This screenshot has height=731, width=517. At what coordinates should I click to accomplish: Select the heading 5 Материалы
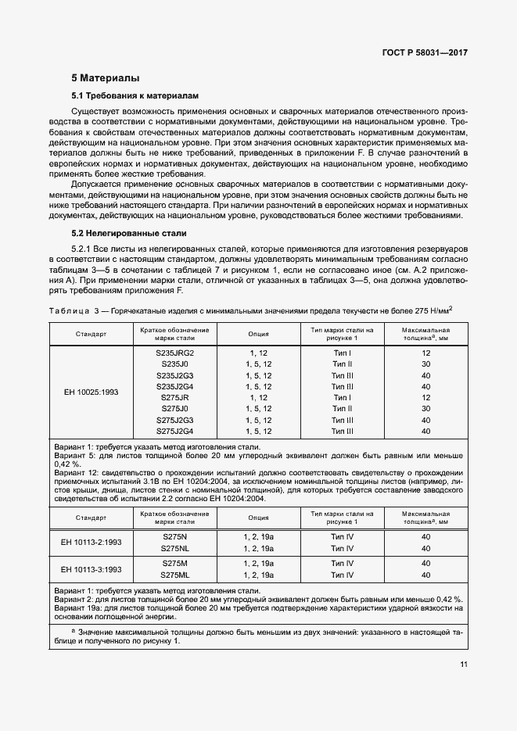click(x=106, y=78)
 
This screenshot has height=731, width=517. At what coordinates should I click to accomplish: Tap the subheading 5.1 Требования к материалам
click(x=135, y=95)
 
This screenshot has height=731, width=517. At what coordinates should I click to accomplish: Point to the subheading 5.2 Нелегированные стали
click(x=128, y=234)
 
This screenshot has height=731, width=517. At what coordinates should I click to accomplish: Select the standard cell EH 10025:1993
click(x=89, y=391)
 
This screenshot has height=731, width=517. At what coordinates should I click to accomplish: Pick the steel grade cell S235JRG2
click(x=174, y=353)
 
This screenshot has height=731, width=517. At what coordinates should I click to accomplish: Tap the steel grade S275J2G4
click(x=174, y=430)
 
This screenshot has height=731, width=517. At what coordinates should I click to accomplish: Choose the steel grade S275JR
click(x=174, y=397)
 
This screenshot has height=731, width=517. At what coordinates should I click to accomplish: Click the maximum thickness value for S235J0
click(x=426, y=364)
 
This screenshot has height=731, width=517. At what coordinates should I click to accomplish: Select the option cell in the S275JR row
click(x=259, y=397)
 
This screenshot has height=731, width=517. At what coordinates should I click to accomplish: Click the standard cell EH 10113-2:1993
click(x=89, y=543)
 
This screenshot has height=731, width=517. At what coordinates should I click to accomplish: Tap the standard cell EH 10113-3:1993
click(x=89, y=568)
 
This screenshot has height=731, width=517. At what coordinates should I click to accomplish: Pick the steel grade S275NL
click(x=174, y=548)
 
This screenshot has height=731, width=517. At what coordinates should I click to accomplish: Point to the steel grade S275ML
click(x=174, y=575)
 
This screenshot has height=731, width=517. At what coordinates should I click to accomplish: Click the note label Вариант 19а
click(x=79, y=607)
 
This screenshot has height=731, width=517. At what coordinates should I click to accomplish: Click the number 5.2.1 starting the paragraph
click(x=84, y=247)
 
